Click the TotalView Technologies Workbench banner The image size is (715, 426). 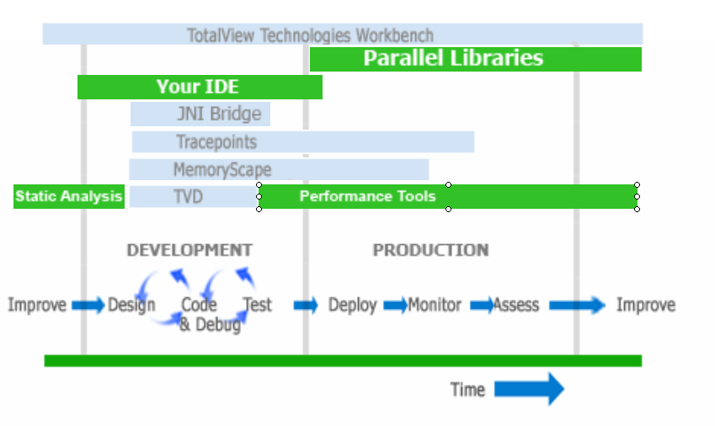click(343, 35)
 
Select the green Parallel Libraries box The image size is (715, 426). click(476, 59)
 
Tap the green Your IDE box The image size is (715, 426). click(200, 87)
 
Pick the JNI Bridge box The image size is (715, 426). click(200, 114)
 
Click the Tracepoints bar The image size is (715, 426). click(303, 142)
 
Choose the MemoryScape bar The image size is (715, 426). click(279, 169)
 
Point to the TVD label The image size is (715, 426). click(188, 197)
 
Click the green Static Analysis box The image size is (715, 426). click(69, 196)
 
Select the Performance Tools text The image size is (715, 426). click(367, 196)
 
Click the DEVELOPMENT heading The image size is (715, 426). click(189, 250)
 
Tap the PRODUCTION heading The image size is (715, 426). click(431, 250)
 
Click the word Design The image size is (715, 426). click(131, 306)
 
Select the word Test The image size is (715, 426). click(257, 305)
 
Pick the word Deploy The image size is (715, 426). click(353, 306)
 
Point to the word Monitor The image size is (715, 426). click(435, 305)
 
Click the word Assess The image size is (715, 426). click(515, 305)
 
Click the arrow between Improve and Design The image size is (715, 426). click(88, 305)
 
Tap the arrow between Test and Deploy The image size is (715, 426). click(306, 305)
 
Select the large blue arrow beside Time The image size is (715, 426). click(530, 389)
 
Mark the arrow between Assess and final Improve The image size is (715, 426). click(577, 305)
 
